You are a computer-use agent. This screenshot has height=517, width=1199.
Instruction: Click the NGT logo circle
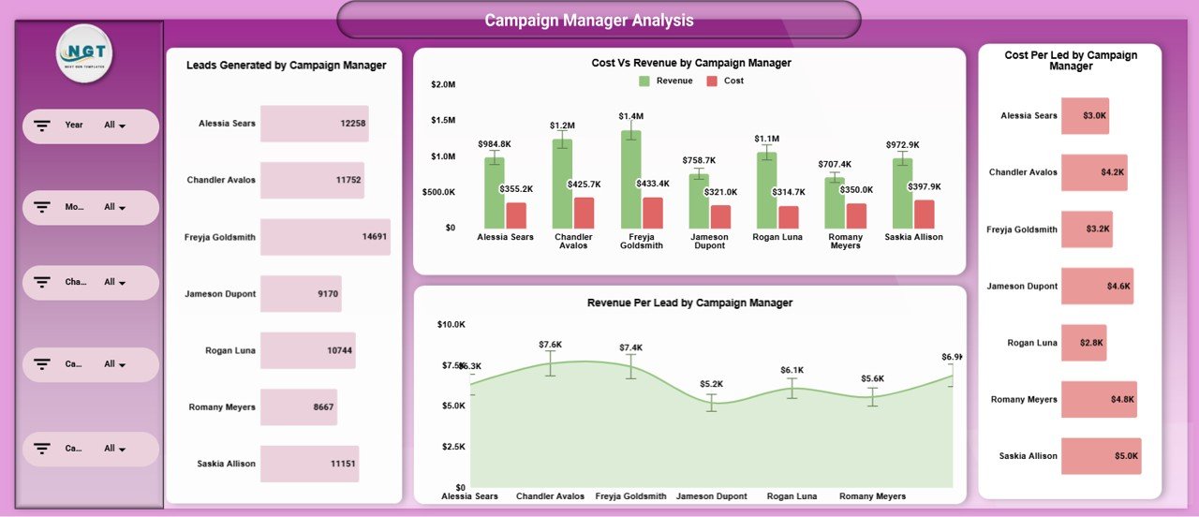(x=84, y=53)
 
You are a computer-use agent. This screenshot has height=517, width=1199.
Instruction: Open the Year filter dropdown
(x=115, y=126)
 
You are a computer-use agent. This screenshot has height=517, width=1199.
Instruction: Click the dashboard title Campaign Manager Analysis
(x=589, y=20)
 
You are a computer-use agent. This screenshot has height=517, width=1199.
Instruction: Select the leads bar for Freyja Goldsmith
(x=324, y=237)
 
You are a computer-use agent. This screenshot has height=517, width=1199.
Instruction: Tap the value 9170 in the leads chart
(x=327, y=294)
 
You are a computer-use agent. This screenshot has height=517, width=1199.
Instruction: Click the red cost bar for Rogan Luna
(x=789, y=217)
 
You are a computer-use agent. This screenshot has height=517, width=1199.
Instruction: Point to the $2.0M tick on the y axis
(x=442, y=84)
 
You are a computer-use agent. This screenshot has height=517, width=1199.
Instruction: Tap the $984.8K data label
(x=494, y=144)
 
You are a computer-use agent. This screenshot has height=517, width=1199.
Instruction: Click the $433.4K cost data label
(x=652, y=184)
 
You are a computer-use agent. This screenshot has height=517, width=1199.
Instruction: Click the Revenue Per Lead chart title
(x=689, y=303)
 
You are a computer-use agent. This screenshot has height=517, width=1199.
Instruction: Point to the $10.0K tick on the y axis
(x=451, y=325)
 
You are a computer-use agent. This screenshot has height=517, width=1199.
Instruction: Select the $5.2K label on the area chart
(x=711, y=384)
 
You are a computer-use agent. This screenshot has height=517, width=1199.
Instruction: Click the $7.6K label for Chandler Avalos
(x=550, y=345)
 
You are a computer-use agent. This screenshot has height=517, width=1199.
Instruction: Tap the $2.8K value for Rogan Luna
(x=1091, y=343)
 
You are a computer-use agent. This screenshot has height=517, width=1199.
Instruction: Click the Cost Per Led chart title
(x=1070, y=61)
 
